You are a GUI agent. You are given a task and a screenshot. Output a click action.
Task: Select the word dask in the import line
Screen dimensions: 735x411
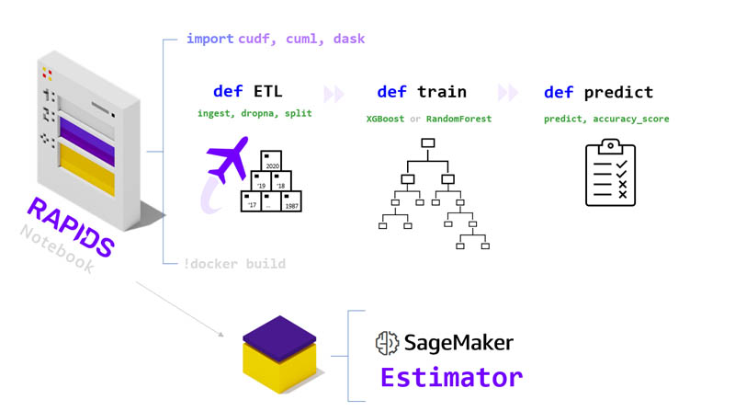pos(349,39)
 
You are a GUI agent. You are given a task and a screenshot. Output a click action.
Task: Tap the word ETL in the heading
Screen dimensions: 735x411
pos(268,91)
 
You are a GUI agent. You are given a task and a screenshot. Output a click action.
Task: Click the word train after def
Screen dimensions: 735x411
pos(442,92)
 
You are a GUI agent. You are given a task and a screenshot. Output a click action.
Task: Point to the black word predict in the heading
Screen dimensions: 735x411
pos(618,93)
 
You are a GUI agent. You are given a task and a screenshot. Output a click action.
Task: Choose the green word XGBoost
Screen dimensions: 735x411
pos(385,119)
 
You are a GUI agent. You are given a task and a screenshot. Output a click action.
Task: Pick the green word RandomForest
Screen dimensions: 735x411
pos(458,119)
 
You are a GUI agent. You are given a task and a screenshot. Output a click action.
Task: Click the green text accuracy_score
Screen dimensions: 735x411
pos(631,120)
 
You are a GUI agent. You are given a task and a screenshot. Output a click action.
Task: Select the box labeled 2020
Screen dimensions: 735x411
pos(271,161)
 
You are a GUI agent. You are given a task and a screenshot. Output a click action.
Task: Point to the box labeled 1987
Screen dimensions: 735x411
pos(291,201)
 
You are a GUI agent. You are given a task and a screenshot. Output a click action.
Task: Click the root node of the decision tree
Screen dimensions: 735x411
pos(427,143)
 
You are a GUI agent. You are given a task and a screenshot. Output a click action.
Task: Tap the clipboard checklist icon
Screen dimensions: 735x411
pos(610,172)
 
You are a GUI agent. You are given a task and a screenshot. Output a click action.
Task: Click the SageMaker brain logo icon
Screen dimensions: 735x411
pos(387,343)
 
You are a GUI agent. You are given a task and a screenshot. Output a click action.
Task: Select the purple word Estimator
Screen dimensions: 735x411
pos(451,378)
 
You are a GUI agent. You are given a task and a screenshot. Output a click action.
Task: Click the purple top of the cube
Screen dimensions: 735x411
pos(279,338)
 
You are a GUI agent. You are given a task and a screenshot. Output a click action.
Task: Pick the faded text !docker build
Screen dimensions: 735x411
pos(234,264)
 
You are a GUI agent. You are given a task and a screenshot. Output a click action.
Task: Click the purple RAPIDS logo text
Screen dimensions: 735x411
pos(71,227)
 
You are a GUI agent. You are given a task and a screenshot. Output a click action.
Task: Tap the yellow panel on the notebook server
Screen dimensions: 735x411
pos(87,170)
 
